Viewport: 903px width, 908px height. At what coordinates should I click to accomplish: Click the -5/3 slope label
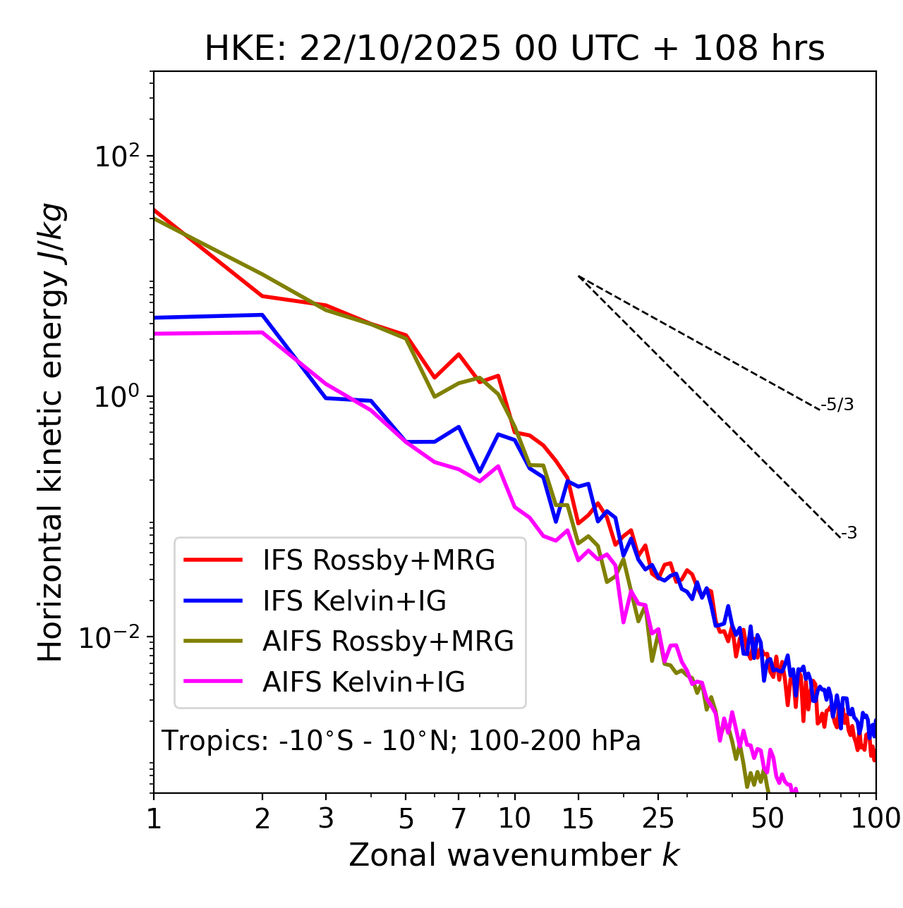point(837,405)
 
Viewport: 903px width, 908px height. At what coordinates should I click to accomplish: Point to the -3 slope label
point(849,534)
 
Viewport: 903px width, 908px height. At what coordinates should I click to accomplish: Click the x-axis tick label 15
point(578,818)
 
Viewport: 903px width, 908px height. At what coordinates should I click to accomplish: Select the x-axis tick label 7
point(459,818)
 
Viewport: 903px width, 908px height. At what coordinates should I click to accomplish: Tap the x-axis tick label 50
point(768,818)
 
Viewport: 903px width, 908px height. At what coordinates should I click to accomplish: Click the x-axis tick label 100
point(875,818)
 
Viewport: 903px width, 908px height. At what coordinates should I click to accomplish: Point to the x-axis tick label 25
point(658,818)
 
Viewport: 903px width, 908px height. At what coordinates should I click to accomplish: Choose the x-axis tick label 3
point(326,818)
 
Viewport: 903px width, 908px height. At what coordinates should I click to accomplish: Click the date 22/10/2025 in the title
point(399,49)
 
